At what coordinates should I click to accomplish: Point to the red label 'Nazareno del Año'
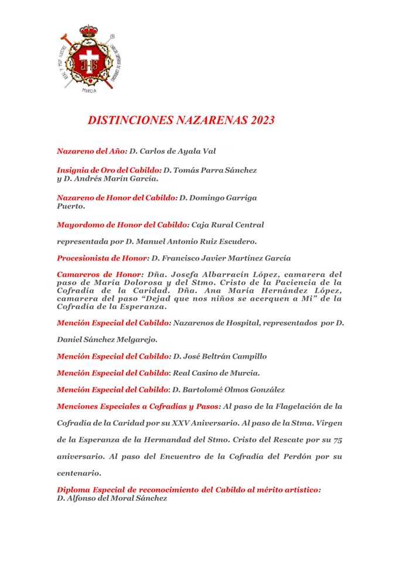pyautogui.click(x=91, y=151)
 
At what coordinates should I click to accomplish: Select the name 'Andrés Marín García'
pyautogui.click(x=115, y=178)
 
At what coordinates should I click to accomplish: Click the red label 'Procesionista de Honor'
pyautogui.click(x=102, y=258)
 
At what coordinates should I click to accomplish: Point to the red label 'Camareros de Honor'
pyautogui.click(x=99, y=274)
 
